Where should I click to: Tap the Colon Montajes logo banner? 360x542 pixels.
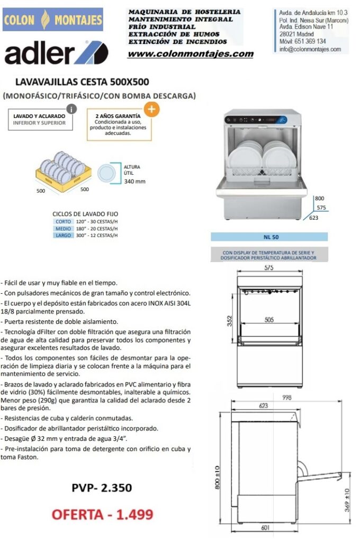click(52, 20)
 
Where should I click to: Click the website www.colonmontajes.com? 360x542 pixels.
click(191, 54)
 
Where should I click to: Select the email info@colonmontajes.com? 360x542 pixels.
click(310, 49)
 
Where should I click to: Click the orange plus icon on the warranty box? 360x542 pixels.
click(151, 109)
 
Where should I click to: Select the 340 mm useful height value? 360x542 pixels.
click(134, 181)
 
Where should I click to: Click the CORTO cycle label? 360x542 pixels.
click(63, 222)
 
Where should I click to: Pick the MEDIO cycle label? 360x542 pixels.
click(63, 229)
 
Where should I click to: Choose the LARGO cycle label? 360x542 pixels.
click(63, 235)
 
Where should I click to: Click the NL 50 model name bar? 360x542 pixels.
click(269, 237)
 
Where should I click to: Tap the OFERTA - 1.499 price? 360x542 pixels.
click(102, 514)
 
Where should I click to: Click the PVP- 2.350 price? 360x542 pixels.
click(102, 487)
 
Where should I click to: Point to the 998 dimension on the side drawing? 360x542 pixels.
click(287, 398)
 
